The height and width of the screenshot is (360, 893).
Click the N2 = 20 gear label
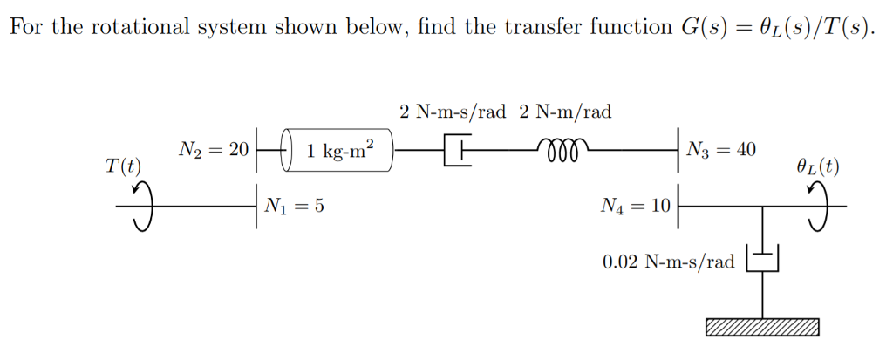[214, 149]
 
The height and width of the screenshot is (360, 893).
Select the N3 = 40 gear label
[721, 149]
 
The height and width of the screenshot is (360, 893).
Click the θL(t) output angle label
[817, 166]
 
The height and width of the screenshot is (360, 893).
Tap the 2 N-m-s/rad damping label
[453, 112]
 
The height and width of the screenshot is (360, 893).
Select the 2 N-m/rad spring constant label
[565, 112]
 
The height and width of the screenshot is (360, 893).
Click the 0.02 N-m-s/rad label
[669, 262]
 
